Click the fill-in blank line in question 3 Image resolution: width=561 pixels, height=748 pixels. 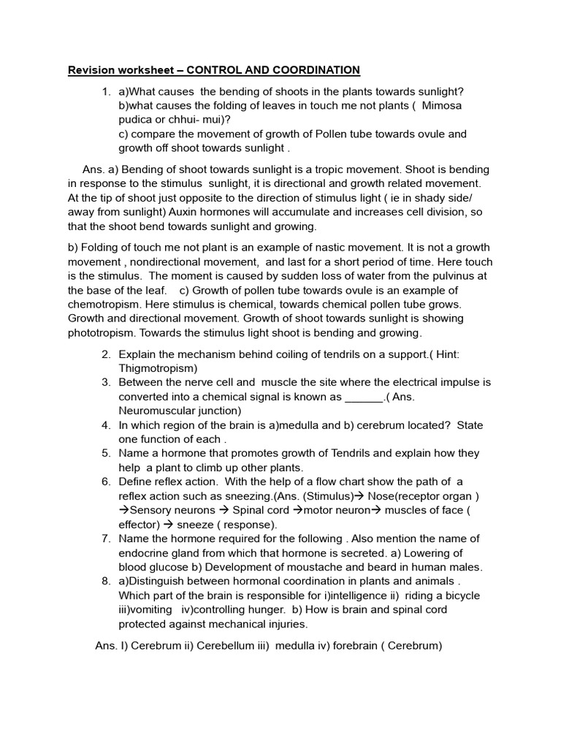364,397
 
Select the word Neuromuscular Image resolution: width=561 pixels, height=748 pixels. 159,411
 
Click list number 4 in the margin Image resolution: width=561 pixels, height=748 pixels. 106,425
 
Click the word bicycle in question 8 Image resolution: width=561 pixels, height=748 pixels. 459,595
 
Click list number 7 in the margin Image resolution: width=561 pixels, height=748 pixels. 106,538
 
